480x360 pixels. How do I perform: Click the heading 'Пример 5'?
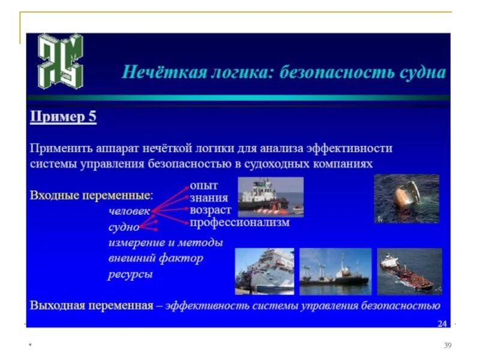pyautogui.click(x=63, y=118)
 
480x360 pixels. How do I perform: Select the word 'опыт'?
pyautogui.click(x=203, y=185)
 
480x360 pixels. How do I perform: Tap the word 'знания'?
pyautogui.click(x=208, y=198)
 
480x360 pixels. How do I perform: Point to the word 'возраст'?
pyautogui.click(x=210, y=210)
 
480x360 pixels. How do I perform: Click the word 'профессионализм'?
pyautogui.click(x=239, y=223)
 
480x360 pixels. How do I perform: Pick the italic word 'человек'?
pyautogui.click(x=129, y=211)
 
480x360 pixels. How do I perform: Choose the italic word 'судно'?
pyautogui.click(x=124, y=227)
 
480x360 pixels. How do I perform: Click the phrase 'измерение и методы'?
pyautogui.click(x=166, y=242)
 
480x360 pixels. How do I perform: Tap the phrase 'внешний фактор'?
pyautogui.click(x=155, y=259)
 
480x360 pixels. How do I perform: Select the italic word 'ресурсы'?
pyautogui.click(x=130, y=275)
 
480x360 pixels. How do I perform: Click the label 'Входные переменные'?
pyautogui.click(x=91, y=196)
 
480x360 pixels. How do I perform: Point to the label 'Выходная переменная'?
pyautogui.click(x=92, y=305)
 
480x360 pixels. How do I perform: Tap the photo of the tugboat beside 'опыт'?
pyautogui.click(x=271, y=196)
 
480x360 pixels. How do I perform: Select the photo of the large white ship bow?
pyautogui.click(x=264, y=271)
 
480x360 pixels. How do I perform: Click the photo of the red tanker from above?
pyautogui.click(x=409, y=271)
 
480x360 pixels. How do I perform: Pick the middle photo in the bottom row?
pyautogui.click(x=335, y=271)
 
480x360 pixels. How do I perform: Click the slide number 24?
pyautogui.click(x=442, y=323)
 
